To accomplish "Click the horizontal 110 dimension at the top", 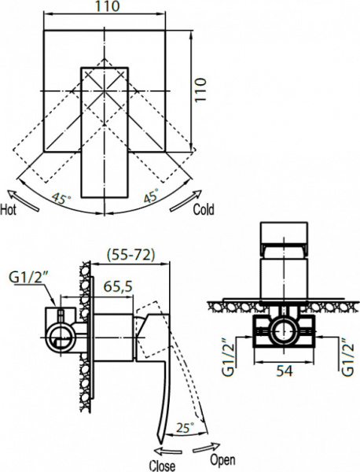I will (104, 8).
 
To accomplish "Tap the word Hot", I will (10, 210).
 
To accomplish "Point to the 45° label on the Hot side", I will (60, 197).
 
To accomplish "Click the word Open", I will (222, 459).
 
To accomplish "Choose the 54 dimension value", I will (285, 369).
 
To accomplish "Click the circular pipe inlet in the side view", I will (59, 339).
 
